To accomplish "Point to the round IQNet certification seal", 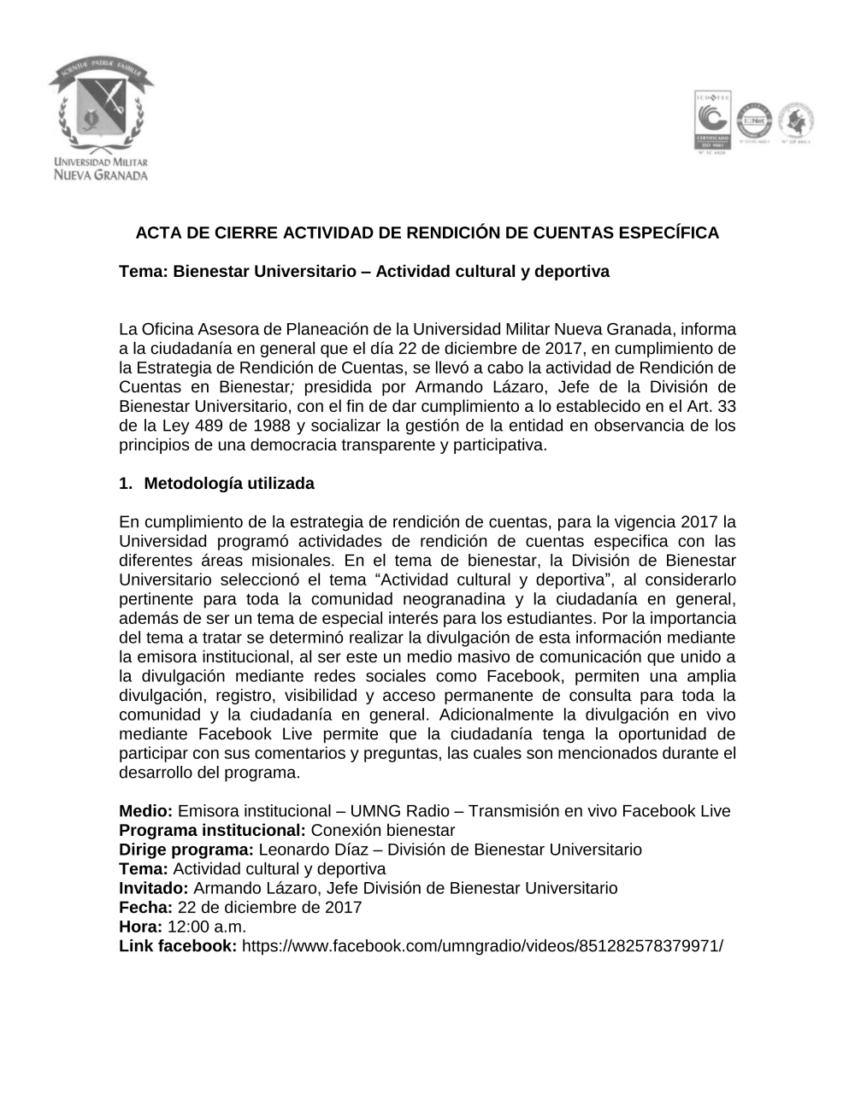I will (755, 121).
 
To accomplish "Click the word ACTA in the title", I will (158, 232).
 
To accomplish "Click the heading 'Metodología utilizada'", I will (229, 484).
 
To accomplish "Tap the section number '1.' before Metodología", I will (127, 484).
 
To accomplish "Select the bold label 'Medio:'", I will (146, 811).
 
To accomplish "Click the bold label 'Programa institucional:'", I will (212, 831).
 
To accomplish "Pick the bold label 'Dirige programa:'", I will (186, 850).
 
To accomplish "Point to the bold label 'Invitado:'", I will (154, 888).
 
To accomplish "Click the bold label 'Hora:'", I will (140, 927).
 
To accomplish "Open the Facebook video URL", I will (482, 946).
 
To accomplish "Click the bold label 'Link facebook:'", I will (178, 946).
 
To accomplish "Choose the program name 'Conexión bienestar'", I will (383, 831).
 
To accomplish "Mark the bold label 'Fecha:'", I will (146, 908).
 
